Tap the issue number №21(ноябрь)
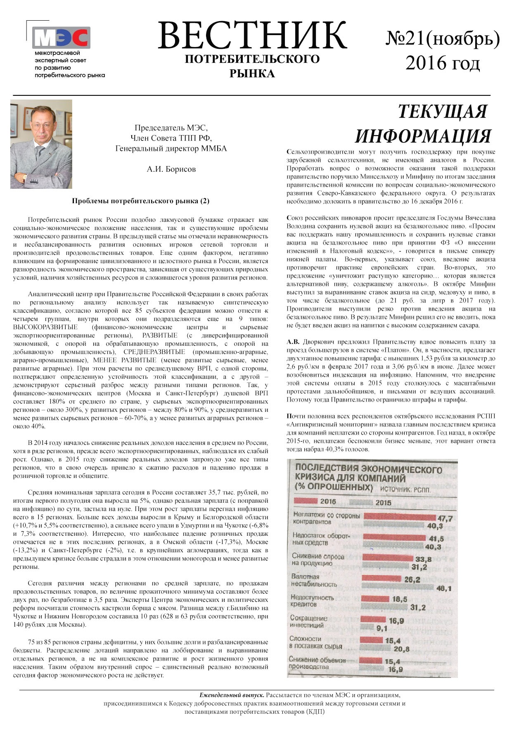[x=443, y=39]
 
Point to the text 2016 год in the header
[x=443, y=63]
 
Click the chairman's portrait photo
[x=41, y=144]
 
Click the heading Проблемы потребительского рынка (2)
[x=141, y=201]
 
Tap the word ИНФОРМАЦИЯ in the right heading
[x=423, y=136]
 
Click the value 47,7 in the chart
[x=445, y=518]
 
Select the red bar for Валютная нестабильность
[x=381, y=579]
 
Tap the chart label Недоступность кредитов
[x=312, y=601]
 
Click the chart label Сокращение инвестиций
[x=309, y=622]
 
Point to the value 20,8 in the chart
[x=401, y=649]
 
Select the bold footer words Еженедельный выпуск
[x=232, y=695]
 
